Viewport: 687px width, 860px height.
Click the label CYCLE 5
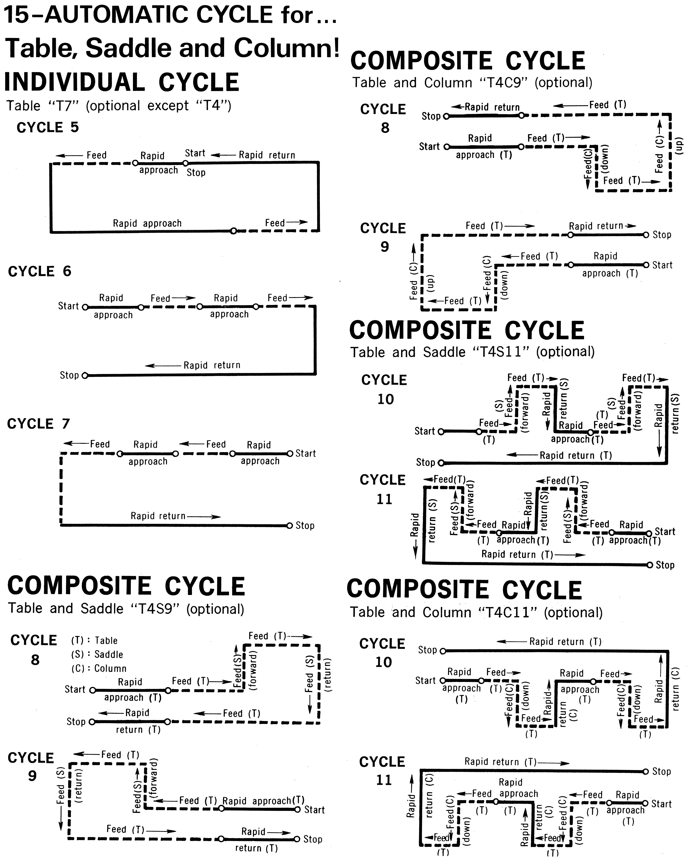pyautogui.click(x=48, y=128)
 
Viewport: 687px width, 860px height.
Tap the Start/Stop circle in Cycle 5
pyautogui.click(x=185, y=163)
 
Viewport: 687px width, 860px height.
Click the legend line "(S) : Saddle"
pyautogui.click(x=97, y=654)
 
